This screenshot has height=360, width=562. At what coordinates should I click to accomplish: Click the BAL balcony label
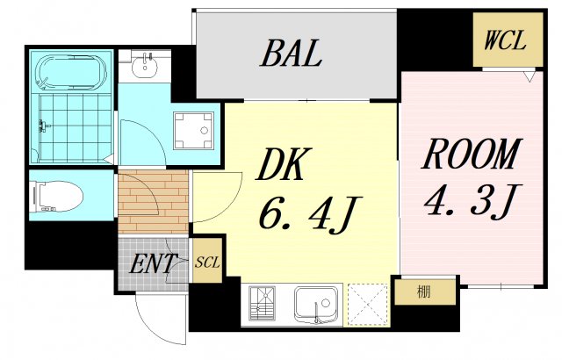291,54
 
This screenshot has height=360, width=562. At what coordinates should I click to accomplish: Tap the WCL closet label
506,40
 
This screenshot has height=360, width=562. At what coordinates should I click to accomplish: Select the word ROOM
471,154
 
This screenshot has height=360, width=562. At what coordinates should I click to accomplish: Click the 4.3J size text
471,200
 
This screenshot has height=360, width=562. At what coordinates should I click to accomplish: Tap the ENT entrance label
153,263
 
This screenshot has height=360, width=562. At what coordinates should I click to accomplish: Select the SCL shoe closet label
207,263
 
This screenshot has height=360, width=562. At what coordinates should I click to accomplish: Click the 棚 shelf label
423,292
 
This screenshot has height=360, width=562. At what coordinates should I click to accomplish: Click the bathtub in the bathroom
72,72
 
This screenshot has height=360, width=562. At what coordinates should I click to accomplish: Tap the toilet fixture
56,196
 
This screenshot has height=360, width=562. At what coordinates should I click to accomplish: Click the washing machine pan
193,130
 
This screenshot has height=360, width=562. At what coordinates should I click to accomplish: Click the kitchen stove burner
263,303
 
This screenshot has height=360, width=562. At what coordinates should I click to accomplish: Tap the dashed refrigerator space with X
368,305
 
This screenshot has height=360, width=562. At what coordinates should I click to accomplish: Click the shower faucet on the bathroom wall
44,126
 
